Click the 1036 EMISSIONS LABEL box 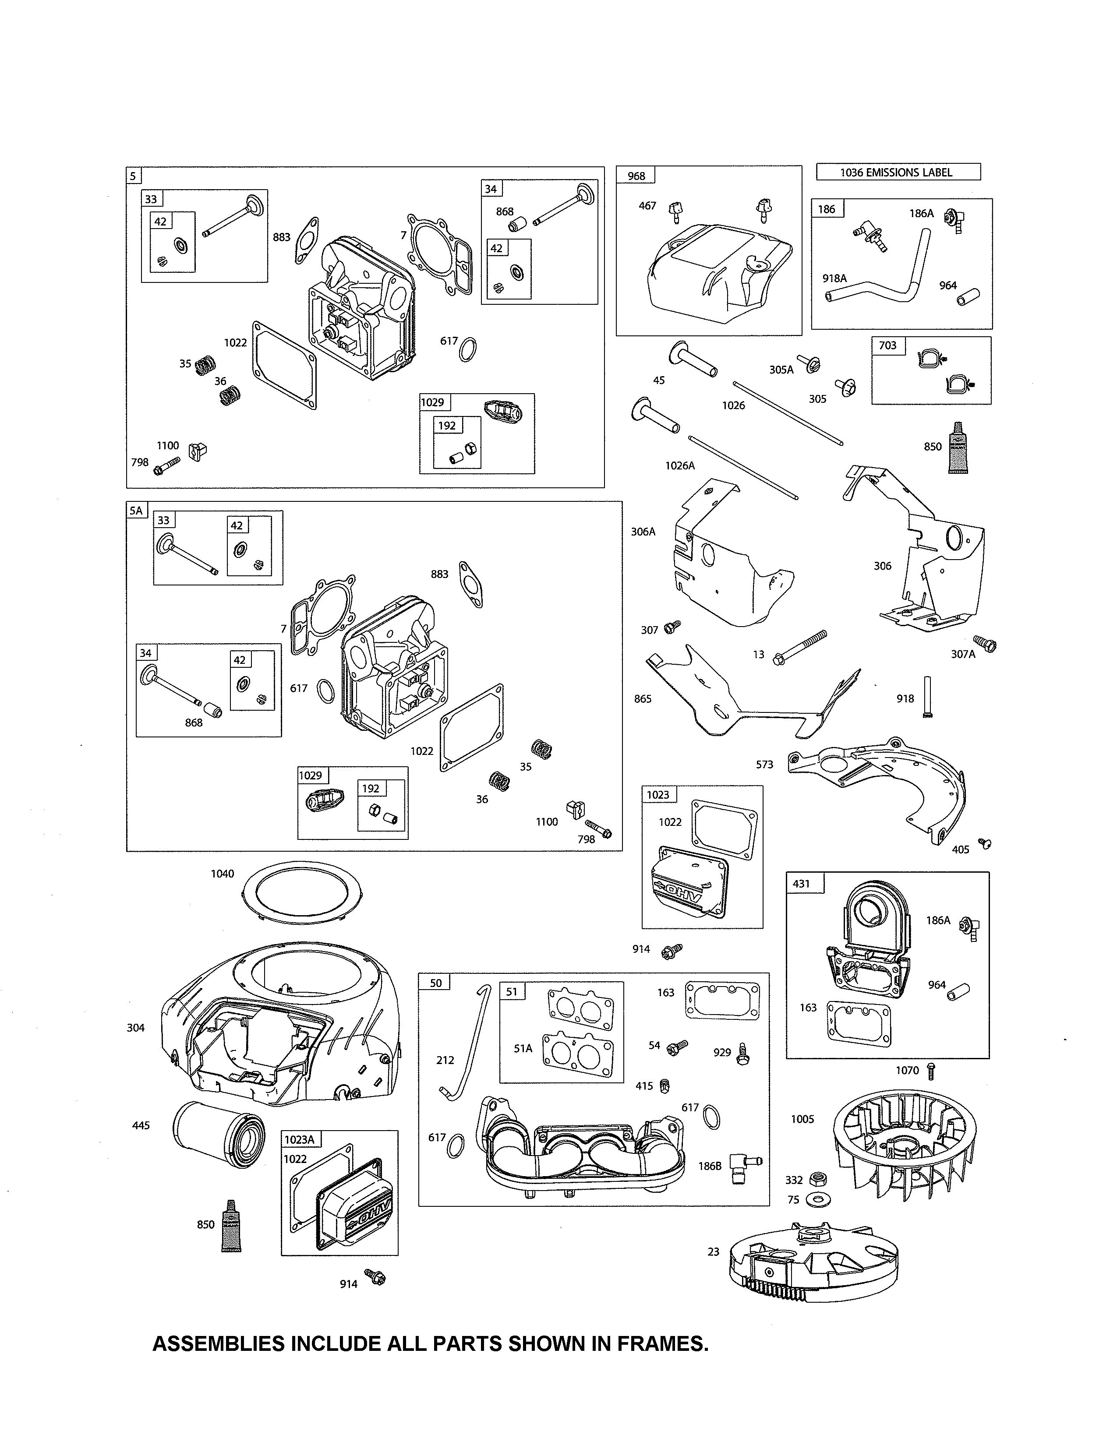898,173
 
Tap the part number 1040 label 223,874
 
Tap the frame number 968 636,176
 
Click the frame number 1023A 299,1139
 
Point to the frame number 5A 136,511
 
